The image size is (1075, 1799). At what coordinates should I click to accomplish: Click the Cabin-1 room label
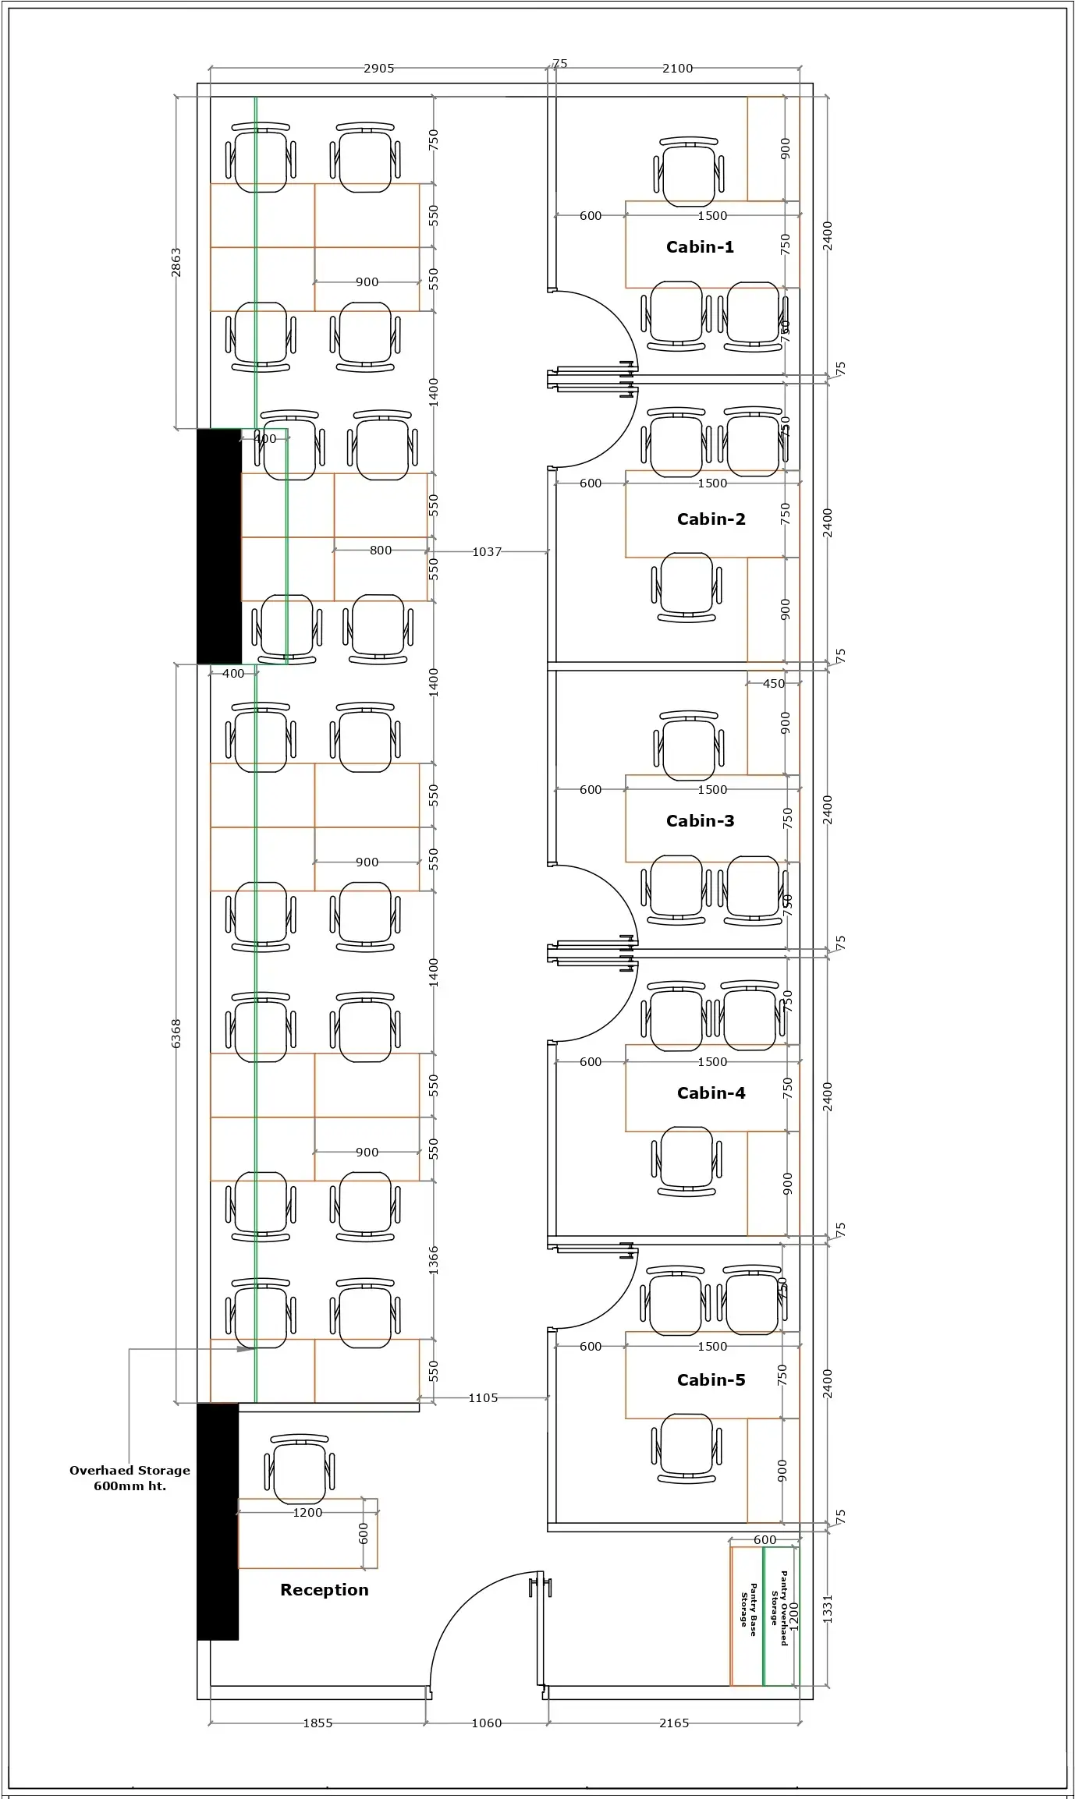[x=700, y=247]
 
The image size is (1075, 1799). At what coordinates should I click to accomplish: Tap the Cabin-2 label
[x=711, y=519]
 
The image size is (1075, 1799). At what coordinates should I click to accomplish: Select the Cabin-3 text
[x=700, y=821]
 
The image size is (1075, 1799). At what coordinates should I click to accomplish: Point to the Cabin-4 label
[x=711, y=1093]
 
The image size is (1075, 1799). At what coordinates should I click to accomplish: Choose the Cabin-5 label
[x=711, y=1380]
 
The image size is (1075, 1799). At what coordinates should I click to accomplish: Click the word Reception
[x=324, y=1590]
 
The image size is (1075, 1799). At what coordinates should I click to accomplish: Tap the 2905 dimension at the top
[x=378, y=69]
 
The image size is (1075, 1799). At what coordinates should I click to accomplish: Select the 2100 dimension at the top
[x=677, y=69]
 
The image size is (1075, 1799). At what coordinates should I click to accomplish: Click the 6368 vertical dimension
[x=176, y=1033]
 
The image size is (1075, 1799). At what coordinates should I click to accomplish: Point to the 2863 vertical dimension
[x=176, y=262]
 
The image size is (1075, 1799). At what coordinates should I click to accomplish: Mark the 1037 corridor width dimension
[x=487, y=552]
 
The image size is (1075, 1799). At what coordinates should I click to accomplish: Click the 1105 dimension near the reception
[x=483, y=1398]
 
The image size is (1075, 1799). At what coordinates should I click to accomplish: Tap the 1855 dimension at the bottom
[x=318, y=1723]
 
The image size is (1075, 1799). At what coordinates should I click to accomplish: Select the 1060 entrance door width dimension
[x=487, y=1723]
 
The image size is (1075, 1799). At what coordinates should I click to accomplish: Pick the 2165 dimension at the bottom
[x=674, y=1723]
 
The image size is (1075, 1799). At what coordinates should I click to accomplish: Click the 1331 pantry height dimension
[x=828, y=1610]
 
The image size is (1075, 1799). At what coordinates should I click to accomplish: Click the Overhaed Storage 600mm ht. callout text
[x=129, y=1478]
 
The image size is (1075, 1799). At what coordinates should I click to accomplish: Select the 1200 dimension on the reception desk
[x=307, y=1513]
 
